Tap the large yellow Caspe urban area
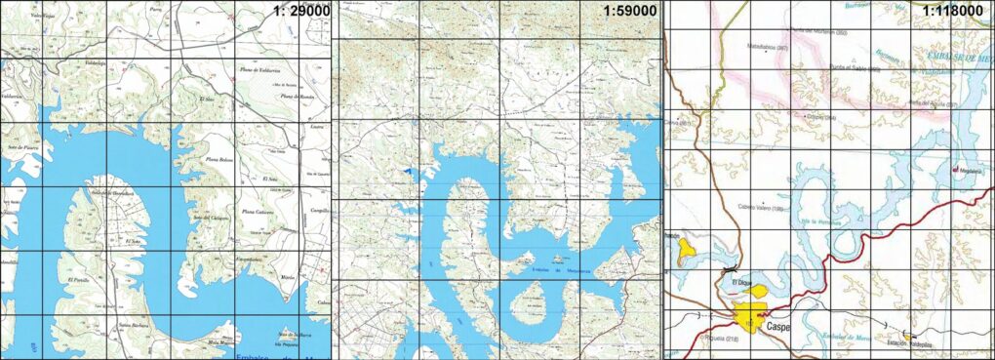click(x=749, y=316)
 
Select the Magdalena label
click(x=971, y=170)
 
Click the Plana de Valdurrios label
click(x=261, y=71)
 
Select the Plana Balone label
click(x=219, y=158)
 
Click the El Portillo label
click(x=77, y=281)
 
